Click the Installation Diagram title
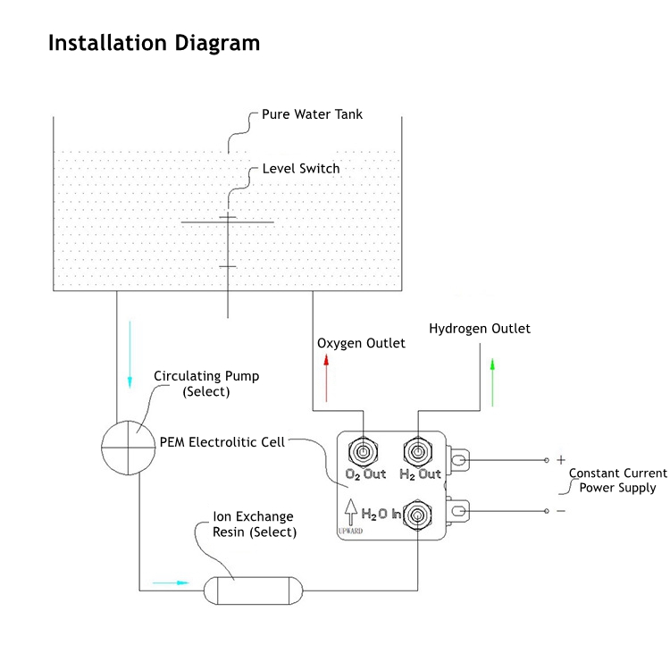point(154,43)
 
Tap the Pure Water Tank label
point(312,115)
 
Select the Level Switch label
point(300,168)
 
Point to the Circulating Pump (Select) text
point(206,384)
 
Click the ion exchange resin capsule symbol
point(255,590)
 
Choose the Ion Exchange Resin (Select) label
point(255,524)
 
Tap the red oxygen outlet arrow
point(327,377)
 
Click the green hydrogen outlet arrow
point(491,381)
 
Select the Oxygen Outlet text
point(361,343)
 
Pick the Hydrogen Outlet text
point(480,329)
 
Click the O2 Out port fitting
point(364,449)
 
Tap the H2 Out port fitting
point(418,449)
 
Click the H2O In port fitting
point(417,515)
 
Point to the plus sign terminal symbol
point(561,460)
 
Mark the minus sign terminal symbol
point(561,511)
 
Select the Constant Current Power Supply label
point(617,481)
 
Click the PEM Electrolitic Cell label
point(222,442)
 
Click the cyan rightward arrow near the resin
point(171,582)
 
